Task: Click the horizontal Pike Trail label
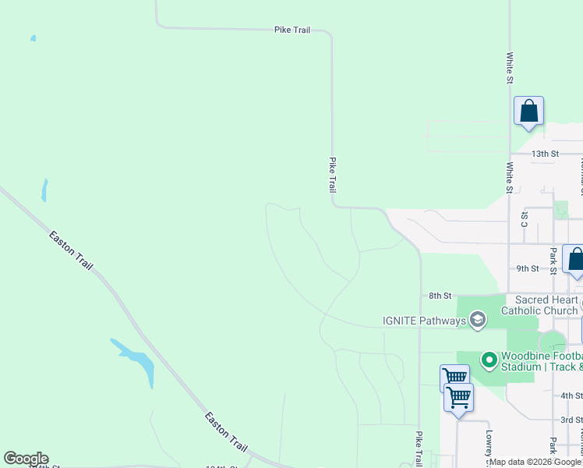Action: pyautogui.click(x=292, y=30)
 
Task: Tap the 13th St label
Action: pyautogui.click(x=546, y=154)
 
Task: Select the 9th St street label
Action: pyautogui.click(x=528, y=268)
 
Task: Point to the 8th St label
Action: pyautogui.click(x=440, y=296)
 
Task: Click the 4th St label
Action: pyautogui.click(x=571, y=396)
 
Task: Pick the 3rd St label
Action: pyautogui.click(x=571, y=420)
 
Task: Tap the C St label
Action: pyautogui.click(x=524, y=219)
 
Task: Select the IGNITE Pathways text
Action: pyautogui.click(x=424, y=320)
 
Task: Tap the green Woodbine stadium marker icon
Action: pyautogui.click(x=489, y=360)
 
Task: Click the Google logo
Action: pyautogui.click(x=26, y=459)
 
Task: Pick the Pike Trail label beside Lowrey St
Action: pyautogui.click(x=419, y=448)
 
